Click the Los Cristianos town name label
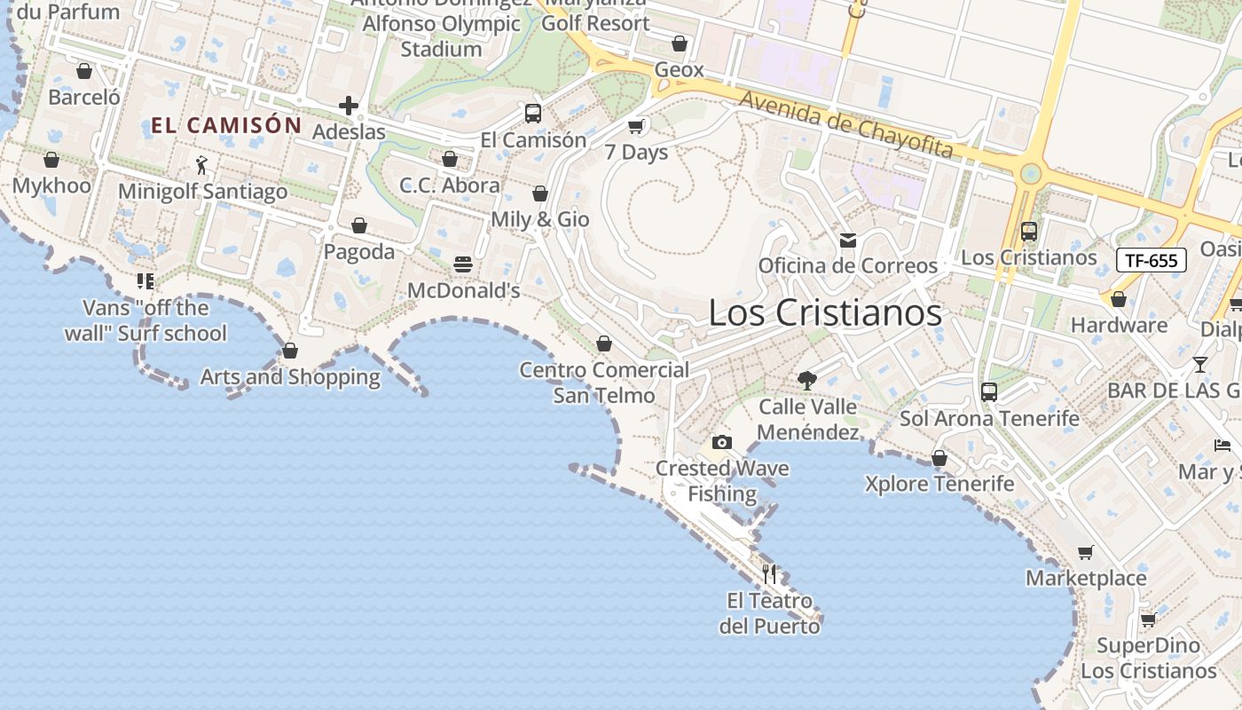point(825,312)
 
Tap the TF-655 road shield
point(1151,260)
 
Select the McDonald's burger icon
point(463,264)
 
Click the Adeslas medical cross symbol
point(349,106)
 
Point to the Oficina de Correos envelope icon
point(848,241)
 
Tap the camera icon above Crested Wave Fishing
point(722,442)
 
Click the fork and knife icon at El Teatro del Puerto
point(769,574)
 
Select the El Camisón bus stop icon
point(533,114)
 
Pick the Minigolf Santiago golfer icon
point(202,165)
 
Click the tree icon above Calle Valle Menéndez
point(807,381)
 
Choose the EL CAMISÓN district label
point(226,125)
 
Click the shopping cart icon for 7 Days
point(636,126)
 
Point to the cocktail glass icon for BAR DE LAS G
point(1200,364)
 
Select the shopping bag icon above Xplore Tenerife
point(939,458)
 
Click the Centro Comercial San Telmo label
point(604,383)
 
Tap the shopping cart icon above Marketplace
point(1085,553)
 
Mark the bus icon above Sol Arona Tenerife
point(989,391)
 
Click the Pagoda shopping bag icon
point(359,225)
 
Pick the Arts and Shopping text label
point(290,377)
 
